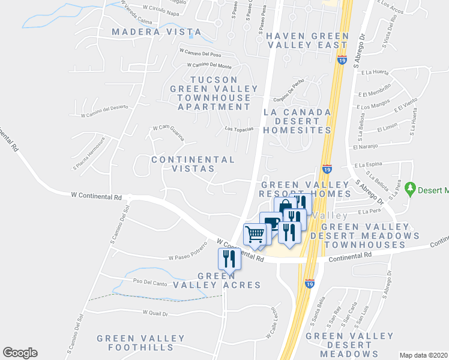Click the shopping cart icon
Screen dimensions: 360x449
(x=255, y=234)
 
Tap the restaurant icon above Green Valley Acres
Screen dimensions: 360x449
(x=228, y=259)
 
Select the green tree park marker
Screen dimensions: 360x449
(x=411, y=189)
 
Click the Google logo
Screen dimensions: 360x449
(x=20, y=353)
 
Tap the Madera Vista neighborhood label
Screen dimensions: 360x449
(x=147, y=31)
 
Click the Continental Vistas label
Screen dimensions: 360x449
(x=193, y=164)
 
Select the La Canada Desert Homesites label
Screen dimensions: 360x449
(x=298, y=121)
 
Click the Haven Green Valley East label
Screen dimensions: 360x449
(x=308, y=40)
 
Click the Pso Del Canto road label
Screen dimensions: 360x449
(x=149, y=283)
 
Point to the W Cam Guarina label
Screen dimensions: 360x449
(x=167, y=130)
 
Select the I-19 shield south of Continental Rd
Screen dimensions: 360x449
(x=309, y=282)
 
